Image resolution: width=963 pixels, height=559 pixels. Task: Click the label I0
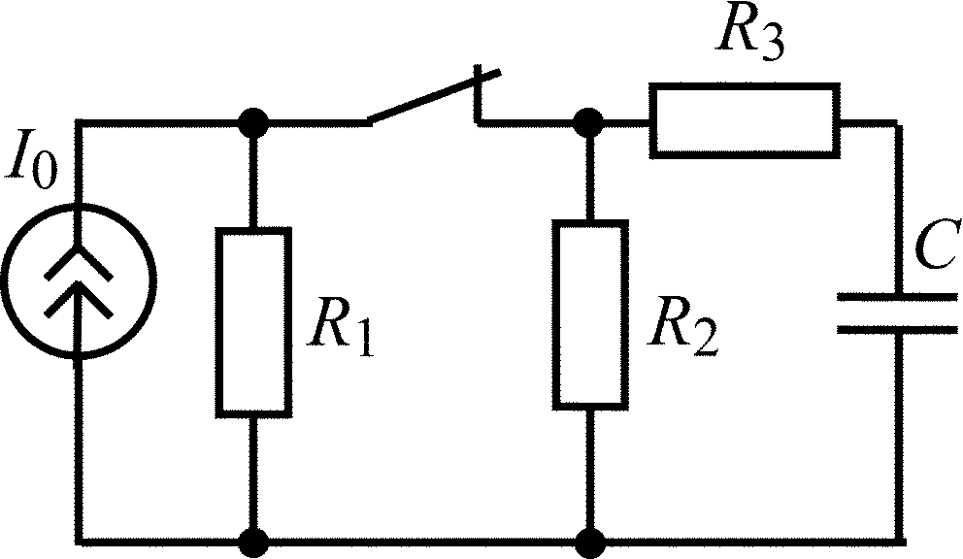tap(32, 166)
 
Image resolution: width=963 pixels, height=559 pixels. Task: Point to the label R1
tap(342, 326)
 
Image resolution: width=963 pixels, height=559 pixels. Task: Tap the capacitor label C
tap(937, 245)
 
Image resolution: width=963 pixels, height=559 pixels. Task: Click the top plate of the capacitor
tap(897, 296)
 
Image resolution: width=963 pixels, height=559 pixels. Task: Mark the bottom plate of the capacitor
tap(897, 329)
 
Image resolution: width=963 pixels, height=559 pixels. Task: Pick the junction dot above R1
tap(253, 123)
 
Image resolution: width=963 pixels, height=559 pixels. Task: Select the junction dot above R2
tap(589, 123)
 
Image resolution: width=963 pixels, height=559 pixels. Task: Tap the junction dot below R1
tap(253, 543)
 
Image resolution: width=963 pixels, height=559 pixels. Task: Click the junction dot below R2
tap(590, 543)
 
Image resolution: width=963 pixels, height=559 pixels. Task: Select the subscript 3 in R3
tap(772, 45)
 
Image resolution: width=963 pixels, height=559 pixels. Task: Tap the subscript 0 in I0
tap(44, 172)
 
